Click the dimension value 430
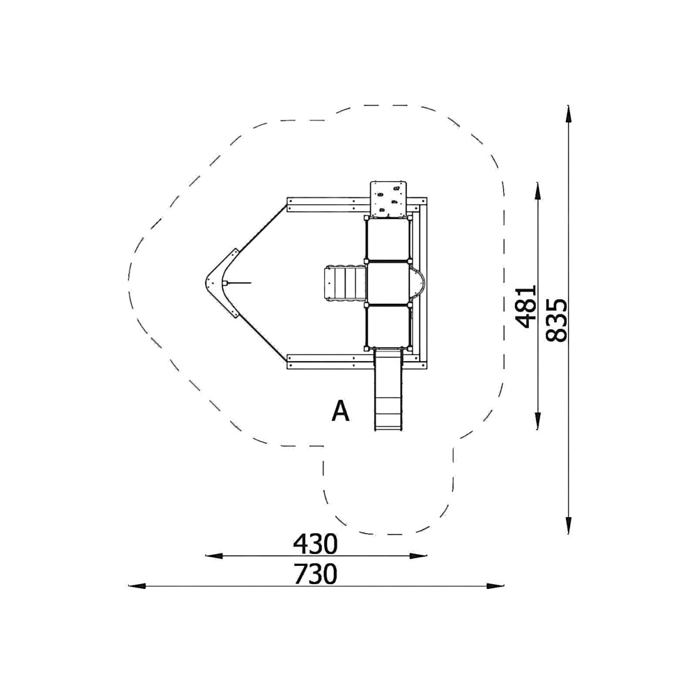(x=315, y=544)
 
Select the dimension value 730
(x=315, y=574)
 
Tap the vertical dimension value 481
(x=526, y=306)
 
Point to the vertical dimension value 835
(x=556, y=320)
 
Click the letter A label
(x=341, y=411)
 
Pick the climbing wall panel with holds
(x=388, y=199)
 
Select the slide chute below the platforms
(x=389, y=390)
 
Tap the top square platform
(x=387, y=240)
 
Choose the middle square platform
(x=387, y=283)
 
